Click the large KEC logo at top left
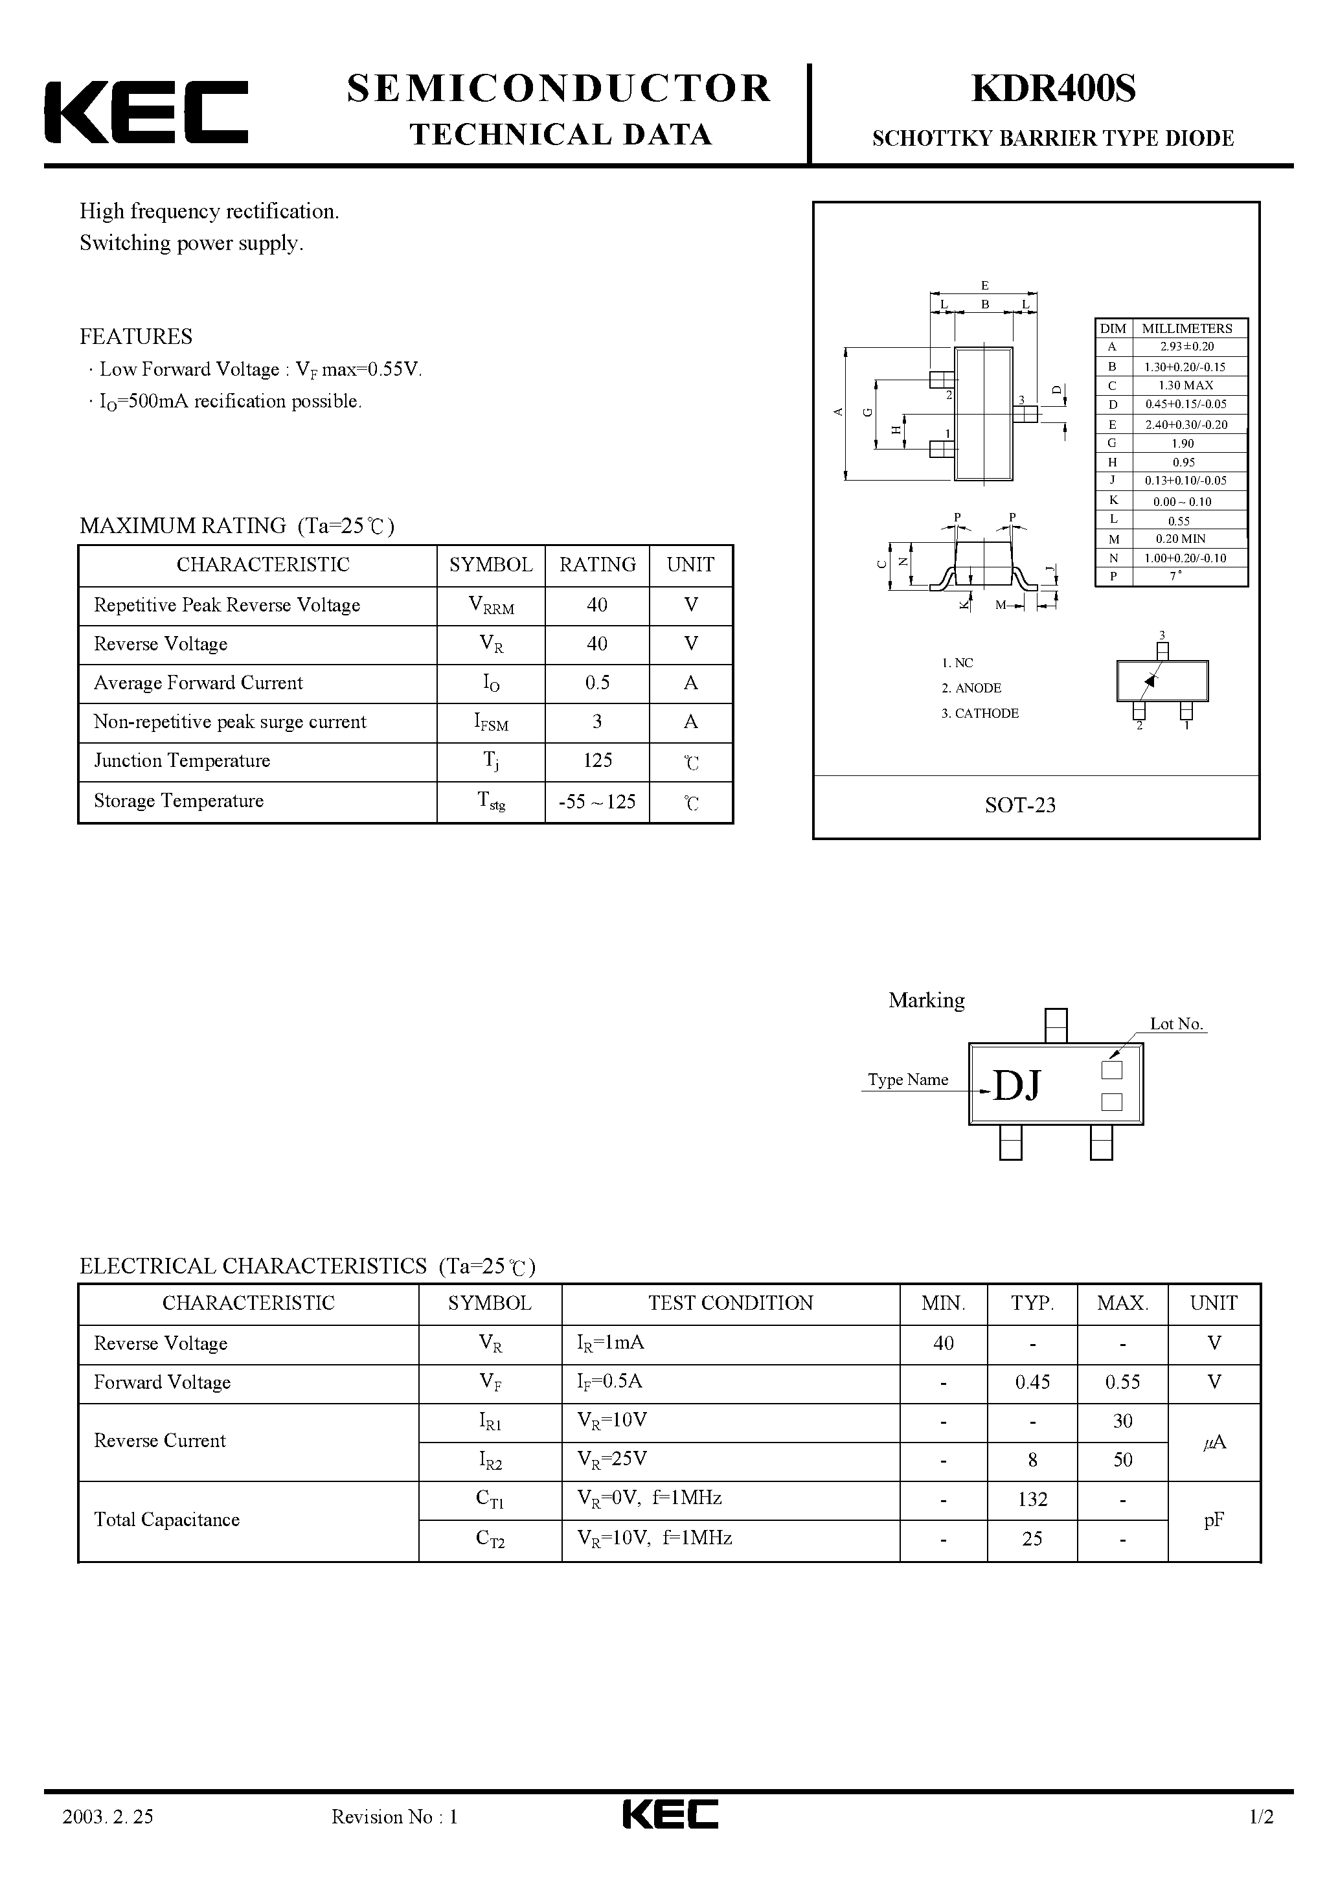[x=146, y=112]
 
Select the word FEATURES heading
[x=136, y=337]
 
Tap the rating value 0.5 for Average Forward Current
[x=597, y=683]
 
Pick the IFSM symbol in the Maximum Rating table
[x=491, y=723]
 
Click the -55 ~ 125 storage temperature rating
[x=597, y=802]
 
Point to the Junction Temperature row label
[x=182, y=760]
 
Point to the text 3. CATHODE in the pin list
[x=980, y=714]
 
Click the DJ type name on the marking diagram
[x=1017, y=1086]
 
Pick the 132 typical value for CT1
[x=1032, y=1499]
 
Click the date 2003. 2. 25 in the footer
[x=108, y=1840]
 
